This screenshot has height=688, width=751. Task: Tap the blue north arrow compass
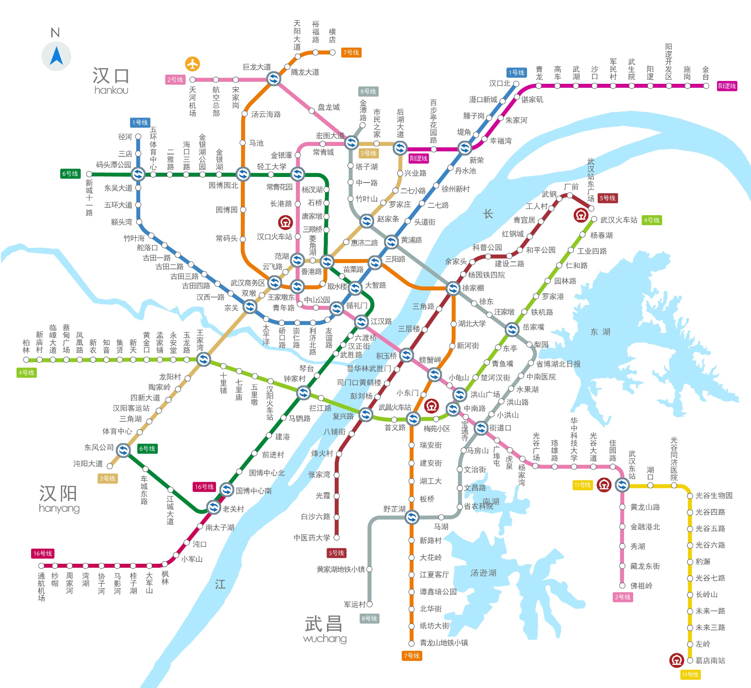pos(56,56)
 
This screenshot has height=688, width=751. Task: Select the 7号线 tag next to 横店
pos(351,52)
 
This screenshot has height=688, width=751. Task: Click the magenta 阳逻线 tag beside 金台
pos(727,86)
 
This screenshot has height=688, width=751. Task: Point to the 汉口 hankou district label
pos(111,81)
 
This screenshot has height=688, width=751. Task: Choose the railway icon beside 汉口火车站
pos(285,222)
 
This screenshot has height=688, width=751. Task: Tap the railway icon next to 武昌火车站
pos(431,406)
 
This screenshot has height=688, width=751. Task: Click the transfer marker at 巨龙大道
pos(274,79)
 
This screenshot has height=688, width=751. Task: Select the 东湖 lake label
pos(600,332)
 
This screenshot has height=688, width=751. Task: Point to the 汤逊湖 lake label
pos(483,573)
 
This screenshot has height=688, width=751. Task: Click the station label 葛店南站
pos(710,660)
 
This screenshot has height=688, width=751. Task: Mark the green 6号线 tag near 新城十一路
pos(70,174)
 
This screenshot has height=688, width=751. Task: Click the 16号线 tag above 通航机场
pos(43,554)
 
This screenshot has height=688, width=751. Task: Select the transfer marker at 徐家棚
pos(453,288)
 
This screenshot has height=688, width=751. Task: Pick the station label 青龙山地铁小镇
pos(444,643)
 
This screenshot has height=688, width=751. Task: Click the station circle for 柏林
pos(26,360)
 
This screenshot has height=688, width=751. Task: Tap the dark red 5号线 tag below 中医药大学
pos(336,553)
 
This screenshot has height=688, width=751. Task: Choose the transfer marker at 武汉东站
pos(622,485)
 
